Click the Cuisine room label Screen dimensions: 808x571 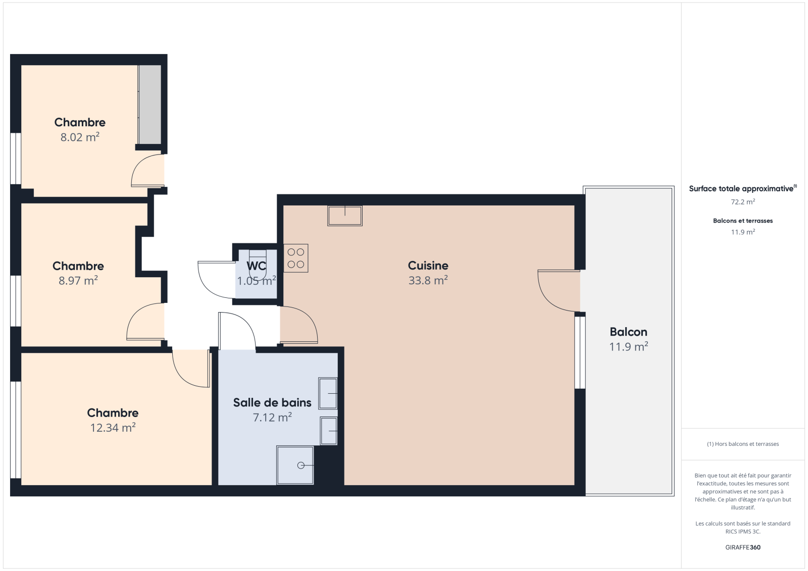coord(428,266)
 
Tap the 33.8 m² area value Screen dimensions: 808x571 coord(428,280)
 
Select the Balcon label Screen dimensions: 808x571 coord(628,332)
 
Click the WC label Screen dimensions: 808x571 coord(256,266)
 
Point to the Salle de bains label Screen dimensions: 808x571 coord(272,402)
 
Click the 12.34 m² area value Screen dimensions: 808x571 coord(113,428)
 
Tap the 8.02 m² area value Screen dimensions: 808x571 coord(80,137)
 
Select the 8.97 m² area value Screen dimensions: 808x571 coord(78,280)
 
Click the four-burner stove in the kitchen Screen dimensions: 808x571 coord(296,258)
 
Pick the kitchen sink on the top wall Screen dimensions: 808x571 coord(345,216)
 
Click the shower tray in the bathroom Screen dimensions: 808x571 coord(295,465)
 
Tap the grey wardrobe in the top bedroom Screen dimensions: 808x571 coord(149,105)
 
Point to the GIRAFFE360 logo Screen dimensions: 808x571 coord(743,547)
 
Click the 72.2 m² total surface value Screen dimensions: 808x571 coord(743,201)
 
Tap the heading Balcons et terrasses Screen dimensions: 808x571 coord(743,221)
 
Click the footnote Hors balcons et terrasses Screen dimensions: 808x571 coord(743,444)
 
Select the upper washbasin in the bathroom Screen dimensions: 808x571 coord(328,393)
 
